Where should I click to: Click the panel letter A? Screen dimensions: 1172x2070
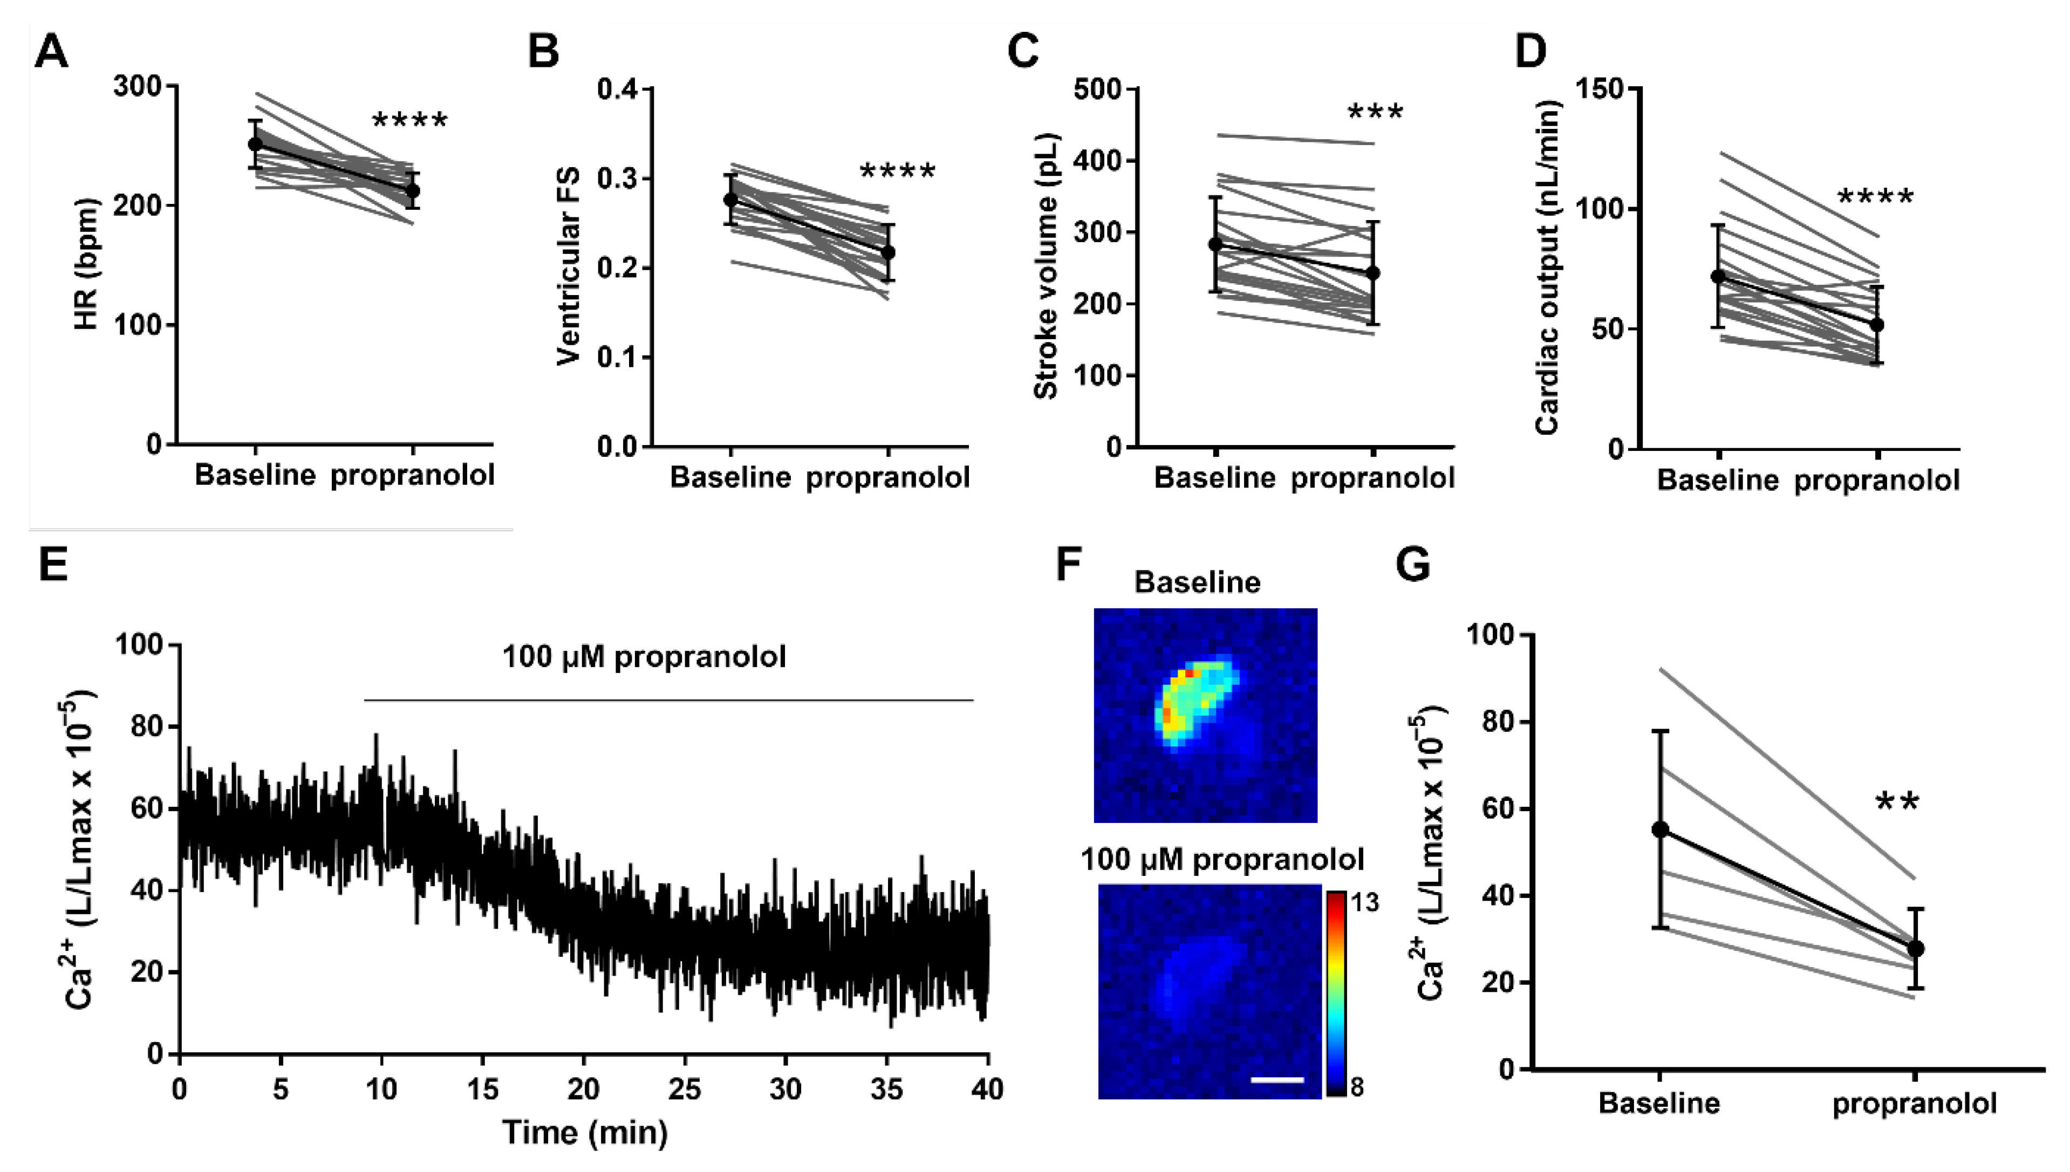(51, 53)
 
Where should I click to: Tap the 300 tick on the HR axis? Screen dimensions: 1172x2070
(137, 86)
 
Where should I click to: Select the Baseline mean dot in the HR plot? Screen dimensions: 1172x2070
(255, 144)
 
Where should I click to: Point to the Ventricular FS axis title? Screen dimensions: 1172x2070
(569, 266)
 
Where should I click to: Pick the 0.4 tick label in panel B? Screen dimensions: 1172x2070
(618, 88)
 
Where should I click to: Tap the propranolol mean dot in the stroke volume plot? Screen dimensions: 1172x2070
(1373, 273)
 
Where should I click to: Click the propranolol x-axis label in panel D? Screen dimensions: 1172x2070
(1877, 481)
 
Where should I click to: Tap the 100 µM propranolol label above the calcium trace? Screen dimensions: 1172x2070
(644, 657)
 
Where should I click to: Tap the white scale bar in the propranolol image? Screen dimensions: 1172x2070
(1277, 1079)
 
